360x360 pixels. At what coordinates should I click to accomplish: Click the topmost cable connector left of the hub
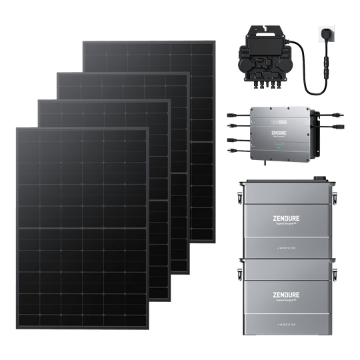coord(231,113)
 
